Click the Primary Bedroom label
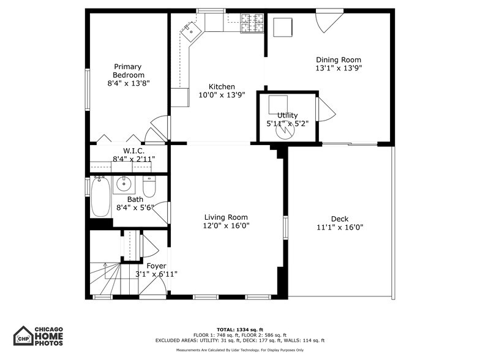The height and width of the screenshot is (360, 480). [x=127, y=70]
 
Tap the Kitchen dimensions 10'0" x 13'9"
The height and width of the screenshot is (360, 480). [x=221, y=95]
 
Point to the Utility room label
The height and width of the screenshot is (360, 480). [x=287, y=115]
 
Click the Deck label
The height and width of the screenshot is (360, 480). [x=339, y=219]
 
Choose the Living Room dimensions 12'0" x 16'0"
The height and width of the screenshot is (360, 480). [x=226, y=225]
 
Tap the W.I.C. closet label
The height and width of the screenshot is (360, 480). [x=133, y=151]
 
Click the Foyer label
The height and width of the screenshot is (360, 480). [x=156, y=266]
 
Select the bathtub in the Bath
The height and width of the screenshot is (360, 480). [x=101, y=197]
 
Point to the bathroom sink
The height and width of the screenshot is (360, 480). [x=124, y=183]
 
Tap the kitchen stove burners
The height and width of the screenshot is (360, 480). [x=252, y=23]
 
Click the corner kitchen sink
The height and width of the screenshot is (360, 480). [x=191, y=29]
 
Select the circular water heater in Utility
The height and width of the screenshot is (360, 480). [x=283, y=131]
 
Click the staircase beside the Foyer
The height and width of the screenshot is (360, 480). [x=106, y=279]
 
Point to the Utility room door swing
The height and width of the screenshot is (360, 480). [x=324, y=110]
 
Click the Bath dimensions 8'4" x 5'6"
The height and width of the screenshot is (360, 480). [x=135, y=208]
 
